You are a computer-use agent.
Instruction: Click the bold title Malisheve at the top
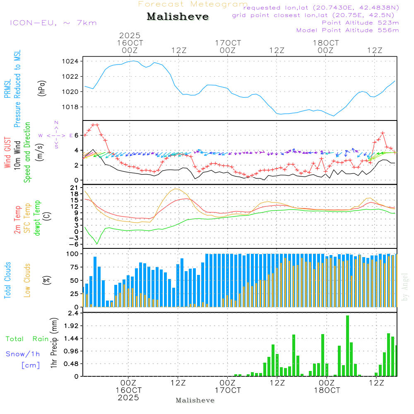point(178,17)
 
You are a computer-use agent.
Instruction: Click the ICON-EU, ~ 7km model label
point(53,23)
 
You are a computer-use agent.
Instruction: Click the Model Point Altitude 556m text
point(347,30)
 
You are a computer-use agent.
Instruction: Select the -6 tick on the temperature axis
point(74,244)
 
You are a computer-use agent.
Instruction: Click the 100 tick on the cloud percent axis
point(72,253)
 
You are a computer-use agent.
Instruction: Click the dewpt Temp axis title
point(37,218)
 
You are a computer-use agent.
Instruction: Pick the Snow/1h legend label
point(23,354)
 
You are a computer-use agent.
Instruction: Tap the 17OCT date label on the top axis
point(228,43)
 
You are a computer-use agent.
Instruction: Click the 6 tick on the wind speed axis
point(76,135)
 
